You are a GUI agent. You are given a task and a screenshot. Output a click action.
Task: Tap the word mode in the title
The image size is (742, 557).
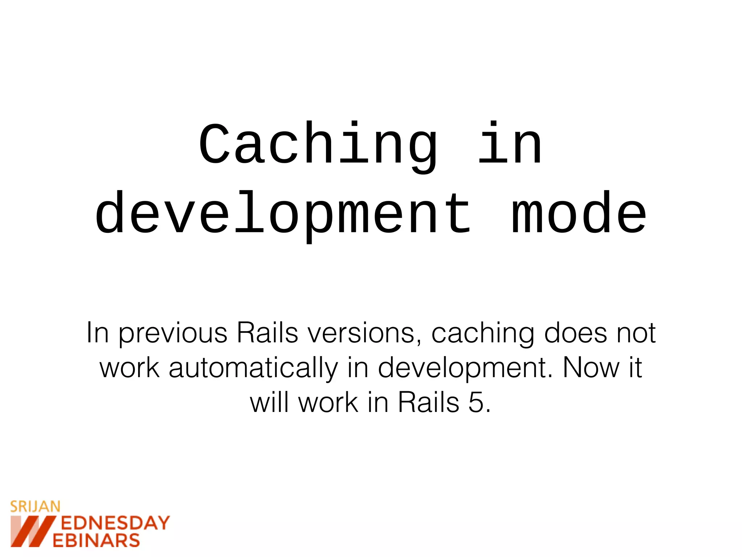[x=579, y=214]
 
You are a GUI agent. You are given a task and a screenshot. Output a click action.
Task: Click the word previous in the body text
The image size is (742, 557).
[x=173, y=333]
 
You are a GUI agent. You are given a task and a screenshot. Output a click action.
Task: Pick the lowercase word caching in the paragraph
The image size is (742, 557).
[x=483, y=333]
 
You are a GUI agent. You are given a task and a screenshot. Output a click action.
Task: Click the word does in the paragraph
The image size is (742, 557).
[x=575, y=333]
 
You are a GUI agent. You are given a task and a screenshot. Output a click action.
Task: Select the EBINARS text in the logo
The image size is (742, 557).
[x=96, y=540]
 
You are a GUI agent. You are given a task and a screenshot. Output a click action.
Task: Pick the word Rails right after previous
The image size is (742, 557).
[x=267, y=333]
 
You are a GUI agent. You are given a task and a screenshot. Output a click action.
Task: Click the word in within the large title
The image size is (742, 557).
[x=510, y=145]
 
